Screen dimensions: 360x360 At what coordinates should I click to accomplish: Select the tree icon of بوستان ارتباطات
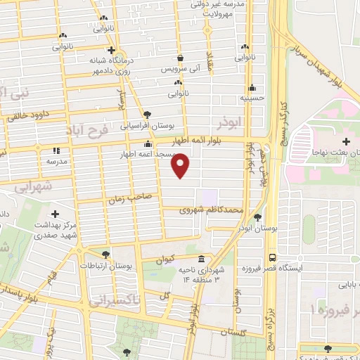105,255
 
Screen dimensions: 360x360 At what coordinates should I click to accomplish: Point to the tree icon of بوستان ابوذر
258,217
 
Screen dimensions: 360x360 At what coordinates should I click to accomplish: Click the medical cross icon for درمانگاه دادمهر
111,50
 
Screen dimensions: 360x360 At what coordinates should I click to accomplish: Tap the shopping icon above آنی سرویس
181,58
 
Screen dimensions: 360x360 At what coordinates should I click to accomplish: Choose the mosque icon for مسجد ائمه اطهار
146,145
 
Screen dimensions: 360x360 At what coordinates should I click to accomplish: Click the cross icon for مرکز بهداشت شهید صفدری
56,213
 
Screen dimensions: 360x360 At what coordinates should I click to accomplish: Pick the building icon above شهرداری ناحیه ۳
202,258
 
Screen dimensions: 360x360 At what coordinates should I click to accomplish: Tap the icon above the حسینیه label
252,88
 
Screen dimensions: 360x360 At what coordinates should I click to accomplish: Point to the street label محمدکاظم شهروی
211,209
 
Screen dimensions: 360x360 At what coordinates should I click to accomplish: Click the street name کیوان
164,259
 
